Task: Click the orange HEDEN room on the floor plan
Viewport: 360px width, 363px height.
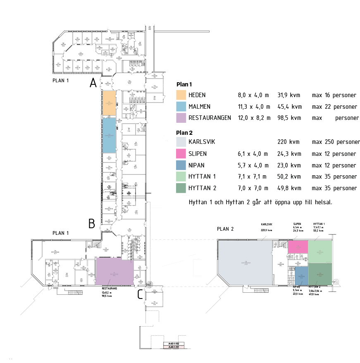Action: [x=109, y=103]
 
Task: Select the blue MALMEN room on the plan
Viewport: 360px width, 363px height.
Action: [x=109, y=135]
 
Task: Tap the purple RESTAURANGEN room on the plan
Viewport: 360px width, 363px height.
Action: [x=114, y=271]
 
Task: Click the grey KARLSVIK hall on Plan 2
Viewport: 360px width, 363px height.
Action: [x=245, y=262]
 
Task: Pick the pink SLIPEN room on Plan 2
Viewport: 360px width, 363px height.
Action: [x=298, y=246]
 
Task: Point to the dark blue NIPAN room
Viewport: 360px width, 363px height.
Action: [x=301, y=275]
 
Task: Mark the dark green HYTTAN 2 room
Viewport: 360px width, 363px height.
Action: [x=320, y=274]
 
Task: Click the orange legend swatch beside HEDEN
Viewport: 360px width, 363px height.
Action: [x=181, y=95]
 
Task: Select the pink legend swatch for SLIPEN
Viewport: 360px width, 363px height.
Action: [x=181, y=154]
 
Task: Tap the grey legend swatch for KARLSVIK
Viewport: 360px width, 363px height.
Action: [x=181, y=142]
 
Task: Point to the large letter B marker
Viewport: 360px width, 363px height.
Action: [x=92, y=224]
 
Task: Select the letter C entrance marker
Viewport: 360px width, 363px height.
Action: [x=141, y=294]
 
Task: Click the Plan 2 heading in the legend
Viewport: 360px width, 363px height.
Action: [x=184, y=133]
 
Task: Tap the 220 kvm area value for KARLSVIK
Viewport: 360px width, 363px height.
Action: [x=288, y=142]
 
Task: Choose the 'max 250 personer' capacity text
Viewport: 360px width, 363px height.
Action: [x=336, y=142]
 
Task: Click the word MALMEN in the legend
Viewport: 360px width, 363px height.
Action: [x=200, y=107]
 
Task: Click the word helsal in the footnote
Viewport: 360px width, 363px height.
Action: [x=322, y=203]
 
